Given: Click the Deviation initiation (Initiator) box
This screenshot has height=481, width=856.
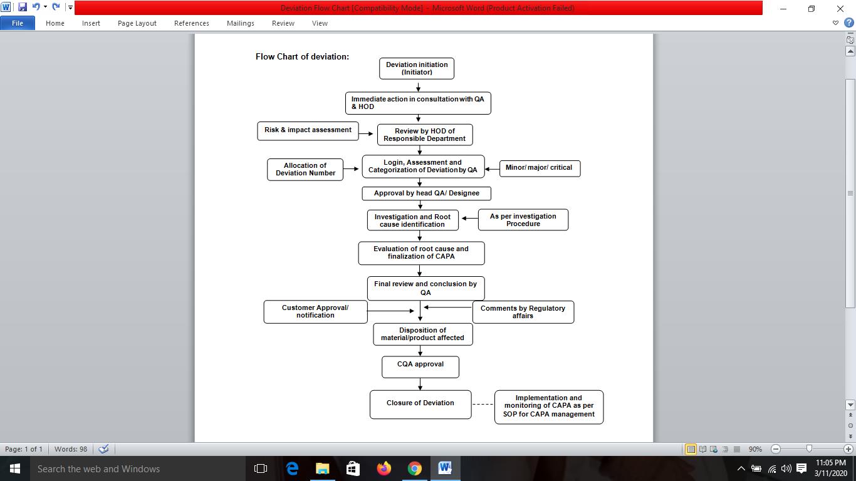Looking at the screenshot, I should click(x=417, y=68).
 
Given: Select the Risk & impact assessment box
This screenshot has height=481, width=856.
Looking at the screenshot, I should click(x=308, y=130).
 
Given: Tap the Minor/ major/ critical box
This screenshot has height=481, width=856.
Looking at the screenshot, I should click(x=539, y=168).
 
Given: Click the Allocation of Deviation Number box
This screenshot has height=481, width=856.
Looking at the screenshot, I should click(x=305, y=169).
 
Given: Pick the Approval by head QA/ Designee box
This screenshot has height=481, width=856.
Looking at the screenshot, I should click(x=426, y=194).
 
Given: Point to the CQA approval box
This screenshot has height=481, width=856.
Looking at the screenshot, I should click(x=420, y=367).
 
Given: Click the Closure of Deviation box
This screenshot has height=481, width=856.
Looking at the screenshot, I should click(x=420, y=404).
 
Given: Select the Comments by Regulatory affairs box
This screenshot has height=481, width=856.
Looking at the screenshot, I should click(x=523, y=312).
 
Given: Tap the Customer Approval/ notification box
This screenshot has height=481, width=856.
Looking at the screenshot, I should click(x=315, y=312).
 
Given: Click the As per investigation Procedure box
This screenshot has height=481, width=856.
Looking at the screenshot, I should click(x=523, y=220).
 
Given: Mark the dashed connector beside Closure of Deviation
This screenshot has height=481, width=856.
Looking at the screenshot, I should click(x=483, y=405).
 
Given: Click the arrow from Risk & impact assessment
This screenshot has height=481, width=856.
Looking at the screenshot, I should click(x=366, y=133).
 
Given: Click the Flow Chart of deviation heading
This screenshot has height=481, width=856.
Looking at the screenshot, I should click(x=302, y=56).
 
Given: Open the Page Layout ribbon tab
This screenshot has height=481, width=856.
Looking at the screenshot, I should click(x=137, y=23).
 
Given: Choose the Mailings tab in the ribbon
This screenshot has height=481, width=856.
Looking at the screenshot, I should click(x=241, y=23).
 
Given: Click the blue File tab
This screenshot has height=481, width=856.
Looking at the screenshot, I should click(x=18, y=23).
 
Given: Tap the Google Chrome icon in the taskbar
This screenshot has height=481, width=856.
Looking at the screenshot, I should click(x=414, y=468).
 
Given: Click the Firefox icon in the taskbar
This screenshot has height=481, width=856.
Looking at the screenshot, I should click(x=384, y=468).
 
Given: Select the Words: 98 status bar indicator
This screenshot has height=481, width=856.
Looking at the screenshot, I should click(x=71, y=449).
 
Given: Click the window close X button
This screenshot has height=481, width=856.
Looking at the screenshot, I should click(x=840, y=9).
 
